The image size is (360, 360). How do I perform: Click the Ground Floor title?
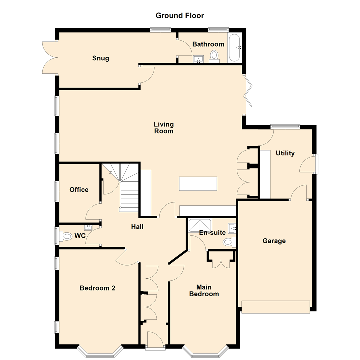[180, 16]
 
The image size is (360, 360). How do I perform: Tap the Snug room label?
[101, 58]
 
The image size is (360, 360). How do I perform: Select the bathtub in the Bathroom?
[234, 48]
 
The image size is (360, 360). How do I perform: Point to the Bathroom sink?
[198, 59]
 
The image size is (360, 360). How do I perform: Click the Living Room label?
[164, 128]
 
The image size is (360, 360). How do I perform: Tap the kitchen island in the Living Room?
[198, 183]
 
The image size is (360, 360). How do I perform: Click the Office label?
[79, 190]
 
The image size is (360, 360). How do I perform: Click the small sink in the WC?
[88, 228]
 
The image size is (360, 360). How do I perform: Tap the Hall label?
[137, 227]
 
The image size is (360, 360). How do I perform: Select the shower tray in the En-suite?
[200, 225]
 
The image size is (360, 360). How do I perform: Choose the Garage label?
[274, 241]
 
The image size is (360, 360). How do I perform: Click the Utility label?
[285, 153]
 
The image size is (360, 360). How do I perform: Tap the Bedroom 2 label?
[97, 288]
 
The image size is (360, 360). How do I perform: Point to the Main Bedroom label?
[204, 291]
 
